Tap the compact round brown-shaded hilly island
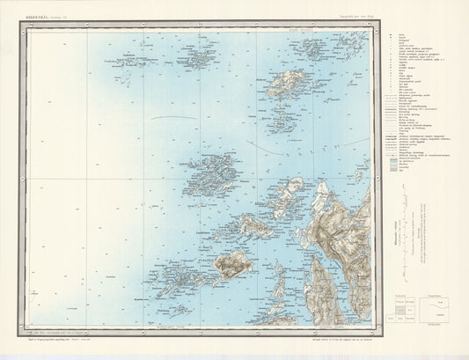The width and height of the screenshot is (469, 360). [x=231, y=263]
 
